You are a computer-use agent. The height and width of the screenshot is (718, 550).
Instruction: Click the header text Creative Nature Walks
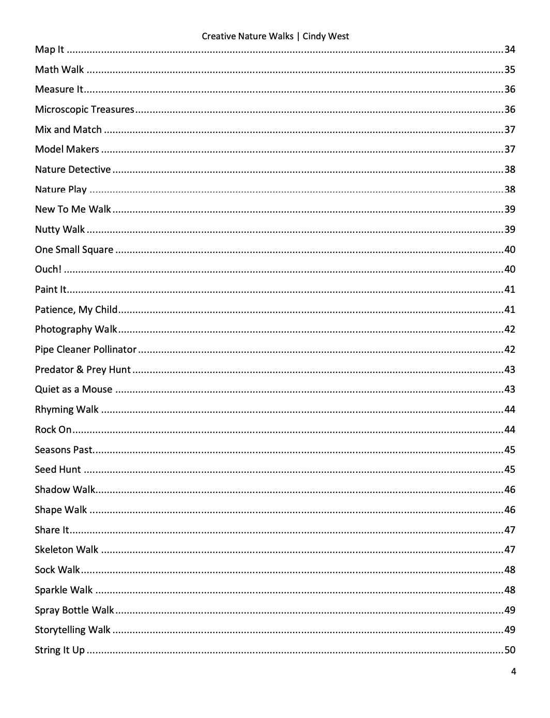[x=247, y=36]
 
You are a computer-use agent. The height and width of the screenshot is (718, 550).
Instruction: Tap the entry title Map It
[x=50, y=50]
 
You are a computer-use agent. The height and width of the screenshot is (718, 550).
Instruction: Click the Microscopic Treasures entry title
[x=84, y=110]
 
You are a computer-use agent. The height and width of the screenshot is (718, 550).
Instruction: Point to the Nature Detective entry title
[x=72, y=170]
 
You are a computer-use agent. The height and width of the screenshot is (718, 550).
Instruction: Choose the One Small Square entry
[x=74, y=250]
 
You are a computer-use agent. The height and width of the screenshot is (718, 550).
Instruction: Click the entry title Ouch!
[x=48, y=270]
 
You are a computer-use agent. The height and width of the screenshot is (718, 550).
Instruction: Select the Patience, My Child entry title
[x=76, y=310]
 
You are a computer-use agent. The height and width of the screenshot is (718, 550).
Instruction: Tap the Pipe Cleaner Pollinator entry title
[x=85, y=350]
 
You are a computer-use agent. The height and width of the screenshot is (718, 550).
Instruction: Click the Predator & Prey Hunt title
[x=83, y=370]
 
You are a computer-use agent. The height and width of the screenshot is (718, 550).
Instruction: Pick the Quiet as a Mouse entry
[x=73, y=390]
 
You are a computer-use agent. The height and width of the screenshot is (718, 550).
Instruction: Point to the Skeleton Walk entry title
[x=66, y=550]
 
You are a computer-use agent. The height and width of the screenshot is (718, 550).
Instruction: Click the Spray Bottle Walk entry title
[x=74, y=610]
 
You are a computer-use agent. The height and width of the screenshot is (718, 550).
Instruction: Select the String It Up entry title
[x=59, y=650]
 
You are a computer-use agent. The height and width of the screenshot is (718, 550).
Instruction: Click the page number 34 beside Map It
[x=510, y=50]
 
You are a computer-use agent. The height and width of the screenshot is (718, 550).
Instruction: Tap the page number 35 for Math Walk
[x=510, y=70]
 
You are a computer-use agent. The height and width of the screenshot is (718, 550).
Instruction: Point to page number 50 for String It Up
[x=510, y=650]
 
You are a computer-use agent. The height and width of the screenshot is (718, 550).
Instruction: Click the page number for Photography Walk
[x=510, y=330]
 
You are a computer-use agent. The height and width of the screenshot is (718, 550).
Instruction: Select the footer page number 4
[x=513, y=672]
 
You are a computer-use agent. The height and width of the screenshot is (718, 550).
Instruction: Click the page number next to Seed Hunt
[x=510, y=470]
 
